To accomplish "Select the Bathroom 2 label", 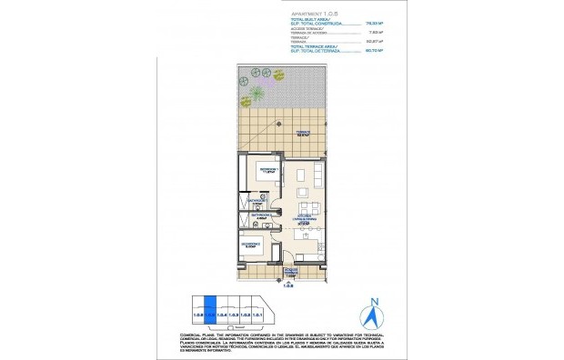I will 260,216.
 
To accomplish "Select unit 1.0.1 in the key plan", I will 257,314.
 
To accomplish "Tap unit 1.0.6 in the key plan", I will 198,314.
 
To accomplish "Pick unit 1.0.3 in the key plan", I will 234,314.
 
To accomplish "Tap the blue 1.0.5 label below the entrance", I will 290,285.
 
